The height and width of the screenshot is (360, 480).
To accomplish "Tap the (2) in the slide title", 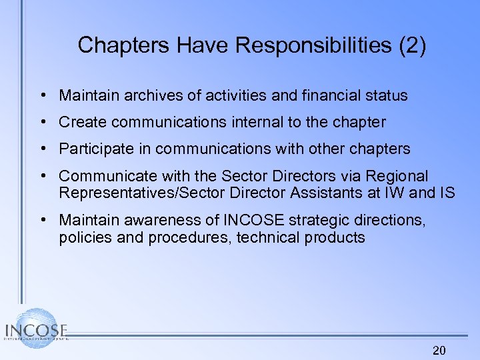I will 413,45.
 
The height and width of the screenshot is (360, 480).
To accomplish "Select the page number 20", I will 439,350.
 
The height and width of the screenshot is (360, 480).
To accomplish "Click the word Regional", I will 399,176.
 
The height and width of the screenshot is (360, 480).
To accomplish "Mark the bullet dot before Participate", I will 42,149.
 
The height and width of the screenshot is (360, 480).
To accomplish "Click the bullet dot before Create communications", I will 42,122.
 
